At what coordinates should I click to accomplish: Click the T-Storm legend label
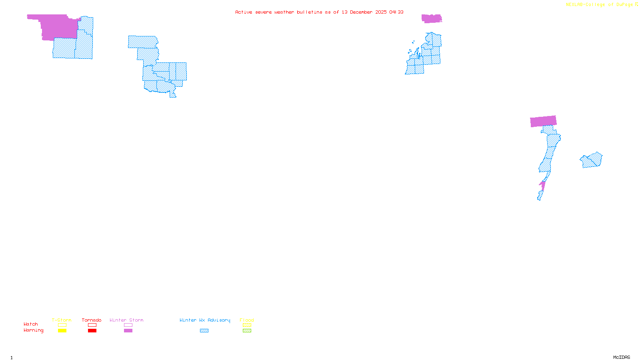[62, 320]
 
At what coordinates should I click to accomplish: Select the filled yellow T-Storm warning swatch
[62, 331]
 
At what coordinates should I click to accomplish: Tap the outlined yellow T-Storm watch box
[62, 325]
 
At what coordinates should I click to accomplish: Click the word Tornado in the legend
[92, 320]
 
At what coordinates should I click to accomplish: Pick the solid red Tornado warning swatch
[92, 331]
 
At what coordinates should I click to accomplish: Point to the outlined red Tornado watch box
[92, 325]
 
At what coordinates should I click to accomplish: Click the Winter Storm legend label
[126, 320]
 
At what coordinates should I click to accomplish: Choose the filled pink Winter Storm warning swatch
[128, 331]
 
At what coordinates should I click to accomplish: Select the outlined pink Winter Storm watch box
[128, 325]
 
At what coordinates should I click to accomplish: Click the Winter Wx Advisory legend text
[205, 320]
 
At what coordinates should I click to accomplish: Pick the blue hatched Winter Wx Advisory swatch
[204, 331]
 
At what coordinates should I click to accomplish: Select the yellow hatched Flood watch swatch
[247, 325]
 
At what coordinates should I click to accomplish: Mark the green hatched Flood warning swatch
[247, 331]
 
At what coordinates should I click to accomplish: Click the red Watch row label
[31, 324]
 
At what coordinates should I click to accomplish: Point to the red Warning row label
[34, 330]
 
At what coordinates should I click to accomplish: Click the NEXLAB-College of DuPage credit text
[600, 5]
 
